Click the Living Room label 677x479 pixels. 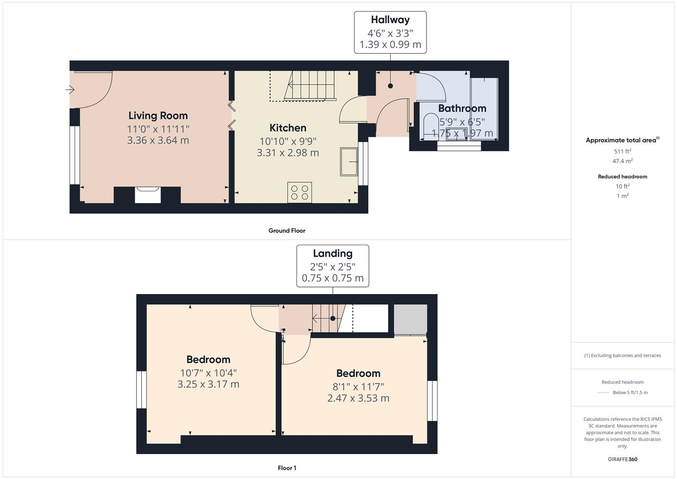(158, 116)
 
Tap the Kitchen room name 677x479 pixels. (288, 128)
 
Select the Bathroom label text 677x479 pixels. (462, 109)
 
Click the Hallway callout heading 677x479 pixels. (390, 20)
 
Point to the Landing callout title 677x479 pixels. (333, 254)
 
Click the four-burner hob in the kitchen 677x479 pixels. (299, 192)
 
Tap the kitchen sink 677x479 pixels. (349, 161)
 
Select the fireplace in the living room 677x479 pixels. (147, 194)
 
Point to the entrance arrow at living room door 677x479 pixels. (70, 90)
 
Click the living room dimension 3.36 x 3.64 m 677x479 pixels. (158, 141)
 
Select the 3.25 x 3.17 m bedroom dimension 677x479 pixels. (208, 385)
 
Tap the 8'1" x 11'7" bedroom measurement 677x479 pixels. (358, 387)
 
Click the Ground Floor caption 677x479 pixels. (287, 231)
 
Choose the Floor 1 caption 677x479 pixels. (287, 468)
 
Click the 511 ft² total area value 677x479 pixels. (622, 152)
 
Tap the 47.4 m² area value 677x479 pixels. (622, 161)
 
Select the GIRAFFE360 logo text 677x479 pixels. (622, 459)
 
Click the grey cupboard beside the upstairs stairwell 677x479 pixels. (411, 319)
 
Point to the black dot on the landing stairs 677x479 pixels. (333, 318)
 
